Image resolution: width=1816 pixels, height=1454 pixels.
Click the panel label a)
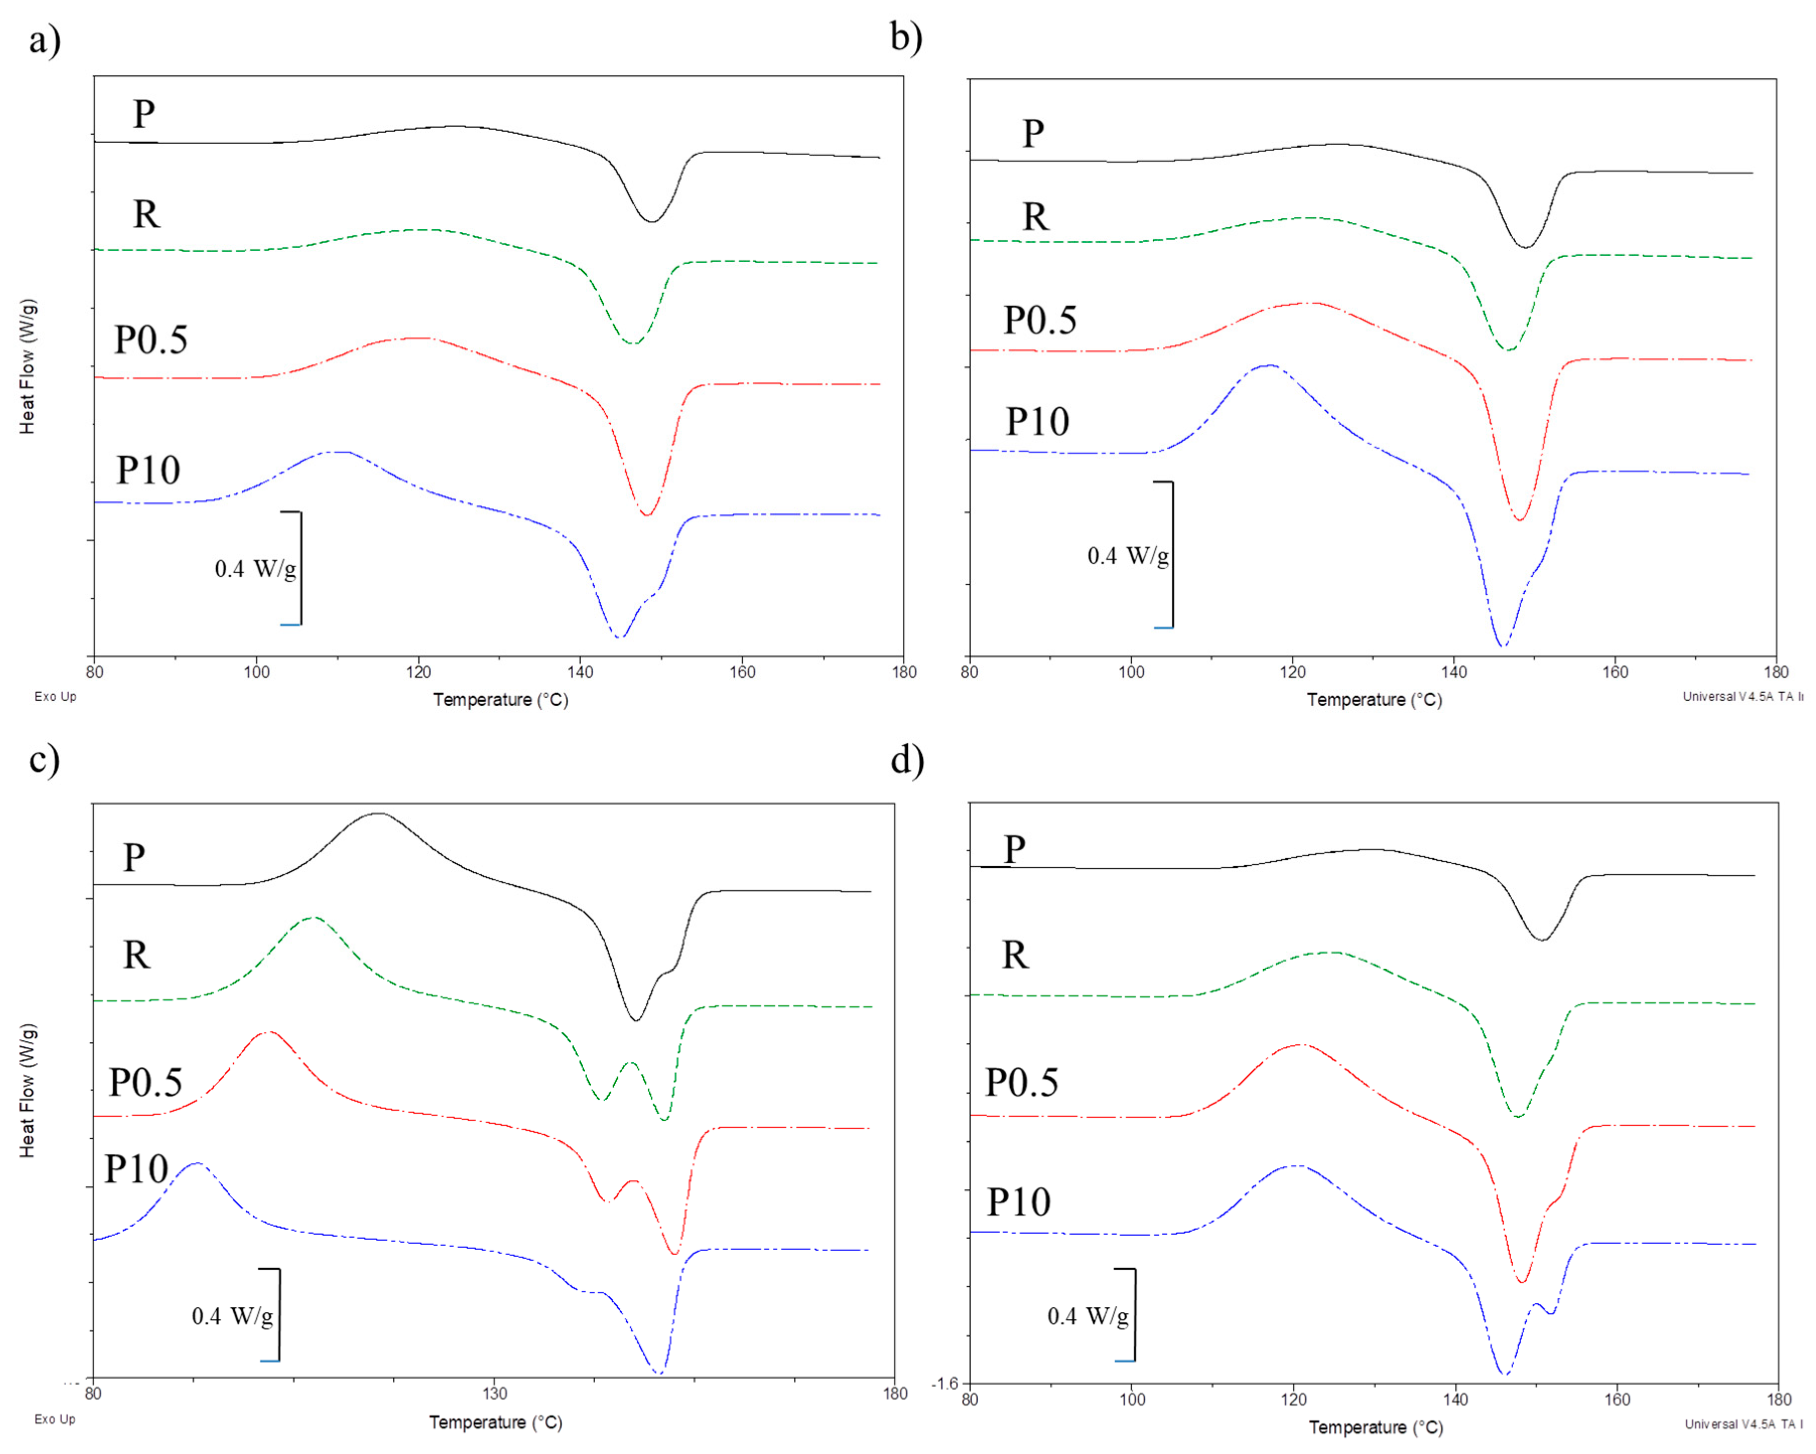pos(44,40)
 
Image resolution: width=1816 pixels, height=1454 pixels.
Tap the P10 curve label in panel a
pos(148,470)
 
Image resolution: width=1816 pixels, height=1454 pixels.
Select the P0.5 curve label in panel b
pos(1039,320)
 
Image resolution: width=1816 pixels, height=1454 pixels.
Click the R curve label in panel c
pos(136,955)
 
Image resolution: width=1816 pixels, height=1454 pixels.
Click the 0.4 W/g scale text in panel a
pos(255,569)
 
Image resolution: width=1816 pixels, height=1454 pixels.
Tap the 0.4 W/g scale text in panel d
pos(1087,1316)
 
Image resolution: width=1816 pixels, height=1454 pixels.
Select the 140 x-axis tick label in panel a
pos(580,672)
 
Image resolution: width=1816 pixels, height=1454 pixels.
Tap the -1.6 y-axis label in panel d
pos(945,1383)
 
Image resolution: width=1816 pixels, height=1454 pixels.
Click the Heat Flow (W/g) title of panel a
pos(28,366)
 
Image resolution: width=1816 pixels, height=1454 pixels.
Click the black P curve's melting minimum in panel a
pos(651,222)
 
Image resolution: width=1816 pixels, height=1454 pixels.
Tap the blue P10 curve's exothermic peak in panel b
pos(1269,365)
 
